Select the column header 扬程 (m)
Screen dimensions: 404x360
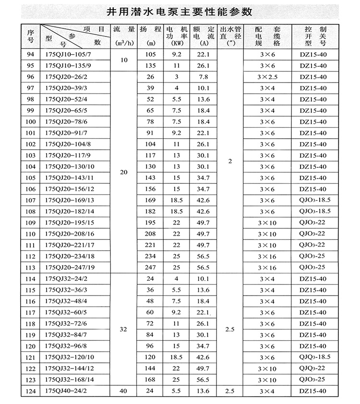pyautogui.click(x=150, y=36)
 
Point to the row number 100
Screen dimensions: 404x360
pyautogui.click(x=31, y=122)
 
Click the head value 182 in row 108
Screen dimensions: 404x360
pyautogui.click(x=150, y=211)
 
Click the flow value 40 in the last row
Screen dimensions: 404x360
pyautogui.click(x=123, y=391)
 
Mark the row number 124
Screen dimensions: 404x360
pyautogui.click(x=31, y=391)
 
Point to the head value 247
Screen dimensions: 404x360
pyautogui.click(x=150, y=267)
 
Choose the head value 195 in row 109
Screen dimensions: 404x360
pyautogui.click(x=150, y=223)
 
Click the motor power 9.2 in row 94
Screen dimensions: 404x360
pyautogui.click(x=177, y=55)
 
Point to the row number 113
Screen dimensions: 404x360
pyautogui.click(x=31, y=267)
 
